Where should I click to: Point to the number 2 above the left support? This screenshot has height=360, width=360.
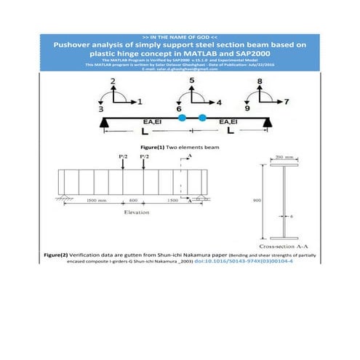[x=113, y=80]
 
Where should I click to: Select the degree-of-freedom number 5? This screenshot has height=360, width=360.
[x=192, y=80]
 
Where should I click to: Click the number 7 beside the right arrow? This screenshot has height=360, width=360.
[x=287, y=100]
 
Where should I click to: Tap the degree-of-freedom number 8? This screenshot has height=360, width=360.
[x=260, y=80]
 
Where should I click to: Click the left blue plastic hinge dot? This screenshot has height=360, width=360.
[x=183, y=117]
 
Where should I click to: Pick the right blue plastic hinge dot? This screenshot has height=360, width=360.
[x=202, y=117]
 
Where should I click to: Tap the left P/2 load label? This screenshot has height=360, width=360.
[x=123, y=156]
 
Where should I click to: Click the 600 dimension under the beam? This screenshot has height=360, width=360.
[x=133, y=199]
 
